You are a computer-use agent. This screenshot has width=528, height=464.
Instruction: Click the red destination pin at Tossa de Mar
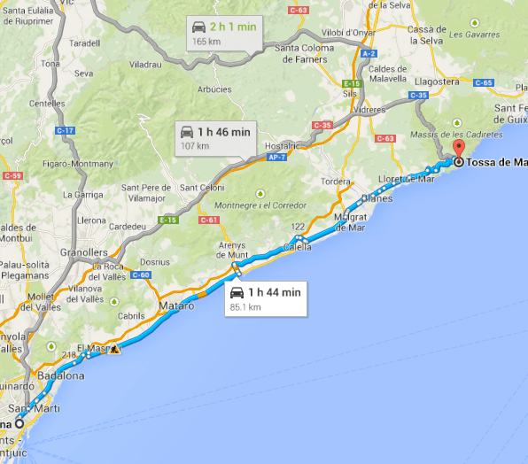[x=458, y=149]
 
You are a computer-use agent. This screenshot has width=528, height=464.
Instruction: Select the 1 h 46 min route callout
[x=214, y=137]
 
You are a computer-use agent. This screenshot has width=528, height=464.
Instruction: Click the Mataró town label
[x=176, y=305]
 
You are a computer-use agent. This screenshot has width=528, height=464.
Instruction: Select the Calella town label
[x=298, y=248]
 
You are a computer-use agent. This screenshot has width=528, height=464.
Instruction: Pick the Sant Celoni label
[x=201, y=187]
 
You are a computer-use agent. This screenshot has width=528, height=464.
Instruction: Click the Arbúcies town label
[x=214, y=89]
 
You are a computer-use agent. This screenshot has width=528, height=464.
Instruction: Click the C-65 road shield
[x=483, y=82]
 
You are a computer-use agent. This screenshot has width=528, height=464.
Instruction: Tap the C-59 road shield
[x=12, y=176]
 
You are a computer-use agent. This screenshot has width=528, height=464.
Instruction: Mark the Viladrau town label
[x=145, y=65]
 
